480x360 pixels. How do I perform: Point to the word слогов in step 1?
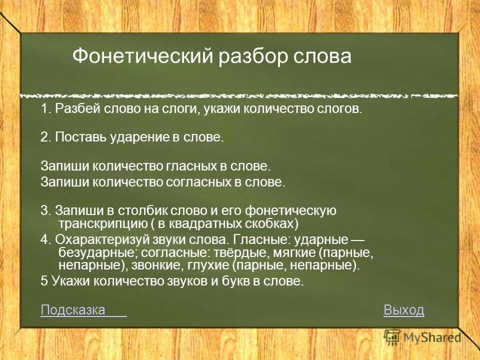click(343, 109)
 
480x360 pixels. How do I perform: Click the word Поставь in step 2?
click(75, 137)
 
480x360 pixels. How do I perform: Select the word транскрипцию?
click(97, 222)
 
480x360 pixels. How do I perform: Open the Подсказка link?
click(73, 310)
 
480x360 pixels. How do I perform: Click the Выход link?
click(403, 310)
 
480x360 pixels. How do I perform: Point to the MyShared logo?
click(422, 337)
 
